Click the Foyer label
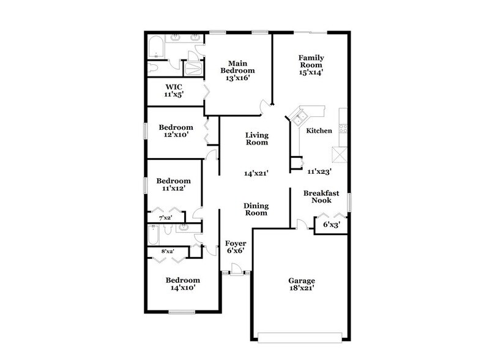point(236,243)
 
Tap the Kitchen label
point(319,130)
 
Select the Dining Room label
point(256,209)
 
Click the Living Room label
point(256,138)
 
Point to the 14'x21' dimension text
point(256,174)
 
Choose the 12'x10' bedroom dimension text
point(175,135)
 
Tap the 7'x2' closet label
point(165,218)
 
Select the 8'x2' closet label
point(167,251)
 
